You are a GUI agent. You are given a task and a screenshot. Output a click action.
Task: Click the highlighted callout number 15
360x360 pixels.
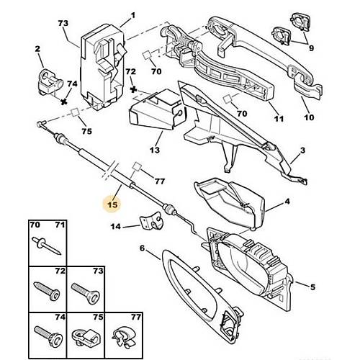click(x=112, y=204)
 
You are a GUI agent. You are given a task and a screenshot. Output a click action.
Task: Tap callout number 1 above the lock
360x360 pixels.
click(x=132, y=16)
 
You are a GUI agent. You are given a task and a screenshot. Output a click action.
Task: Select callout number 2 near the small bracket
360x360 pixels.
click(x=37, y=49)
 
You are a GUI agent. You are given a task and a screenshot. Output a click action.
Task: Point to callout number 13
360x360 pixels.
click(x=155, y=150)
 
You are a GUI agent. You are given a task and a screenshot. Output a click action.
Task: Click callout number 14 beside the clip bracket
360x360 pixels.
click(x=116, y=226)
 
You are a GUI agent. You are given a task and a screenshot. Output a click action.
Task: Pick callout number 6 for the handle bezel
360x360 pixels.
click(x=143, y=248)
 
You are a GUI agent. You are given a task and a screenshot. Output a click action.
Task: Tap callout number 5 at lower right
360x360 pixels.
click(x=312, y=287)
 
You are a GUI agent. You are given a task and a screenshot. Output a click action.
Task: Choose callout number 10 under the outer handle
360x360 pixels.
click(x=309, y=117)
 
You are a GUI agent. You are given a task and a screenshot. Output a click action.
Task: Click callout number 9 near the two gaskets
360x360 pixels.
click(x=311, y=48)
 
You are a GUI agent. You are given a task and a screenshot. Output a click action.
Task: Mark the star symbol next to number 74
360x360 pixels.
click(x=63, y=102)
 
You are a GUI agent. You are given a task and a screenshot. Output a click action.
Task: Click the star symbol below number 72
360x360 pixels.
click(x=133, y=90)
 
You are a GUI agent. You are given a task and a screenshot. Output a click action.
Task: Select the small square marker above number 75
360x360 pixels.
click(x=75, y=112)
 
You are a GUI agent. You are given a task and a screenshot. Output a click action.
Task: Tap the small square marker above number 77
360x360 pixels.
click(x=138, y=166)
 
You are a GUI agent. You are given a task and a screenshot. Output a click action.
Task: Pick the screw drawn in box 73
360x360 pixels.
click(x=86, y=293)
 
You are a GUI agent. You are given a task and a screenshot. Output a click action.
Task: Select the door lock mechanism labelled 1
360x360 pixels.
click(x=104, y=66)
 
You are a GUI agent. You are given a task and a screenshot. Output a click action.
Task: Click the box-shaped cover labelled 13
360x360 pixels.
click(x=157, y=109)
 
